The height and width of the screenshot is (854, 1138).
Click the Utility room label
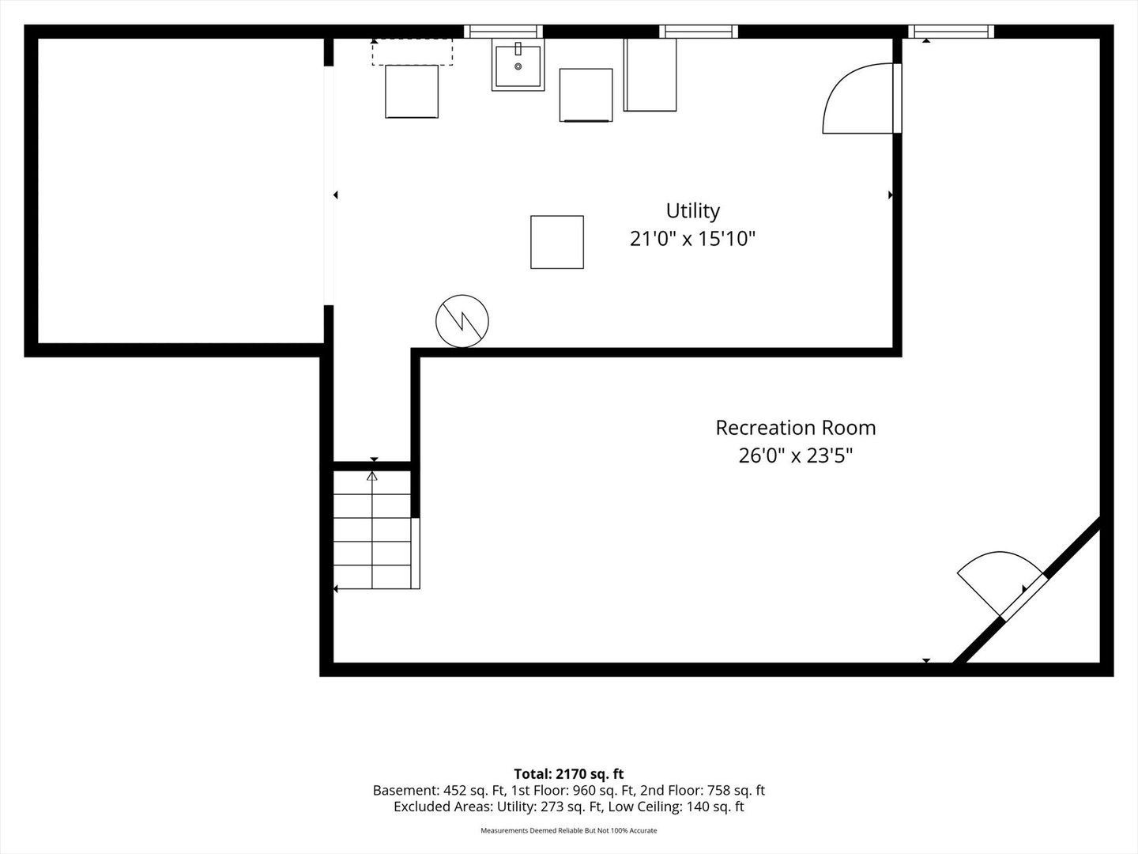coord(692,211)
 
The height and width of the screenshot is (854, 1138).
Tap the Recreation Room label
coord(795,428)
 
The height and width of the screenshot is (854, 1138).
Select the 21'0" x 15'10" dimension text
coord(692,239)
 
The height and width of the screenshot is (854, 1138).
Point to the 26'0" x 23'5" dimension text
coord(795,456)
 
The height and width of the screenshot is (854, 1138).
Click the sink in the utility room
coord(518,66)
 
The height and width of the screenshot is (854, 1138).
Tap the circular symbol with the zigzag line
coord(462,321)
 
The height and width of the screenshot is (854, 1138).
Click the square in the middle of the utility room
coord(557,242)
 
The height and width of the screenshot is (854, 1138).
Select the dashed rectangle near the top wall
coord(413,52)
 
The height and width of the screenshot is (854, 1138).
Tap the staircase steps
coord(372,530)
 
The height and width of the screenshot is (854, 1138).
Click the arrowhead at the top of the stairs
coord(371,476)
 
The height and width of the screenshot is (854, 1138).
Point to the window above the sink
coord(503,32)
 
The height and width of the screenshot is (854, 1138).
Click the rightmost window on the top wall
coord(951,32)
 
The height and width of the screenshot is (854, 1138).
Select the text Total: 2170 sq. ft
coord(569,774)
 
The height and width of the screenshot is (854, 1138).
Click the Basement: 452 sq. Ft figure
coord(439,790)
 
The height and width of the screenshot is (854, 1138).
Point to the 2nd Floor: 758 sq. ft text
coord(703,790)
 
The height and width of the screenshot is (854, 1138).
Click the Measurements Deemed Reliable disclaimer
coord(569,830)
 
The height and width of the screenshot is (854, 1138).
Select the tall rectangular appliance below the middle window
coord(650,74)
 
